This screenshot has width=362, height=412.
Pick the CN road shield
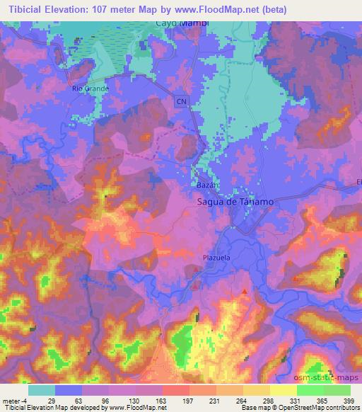click(182, 102)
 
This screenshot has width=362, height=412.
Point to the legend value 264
click(241, 401)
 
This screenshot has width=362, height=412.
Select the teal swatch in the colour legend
click(42, 390)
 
